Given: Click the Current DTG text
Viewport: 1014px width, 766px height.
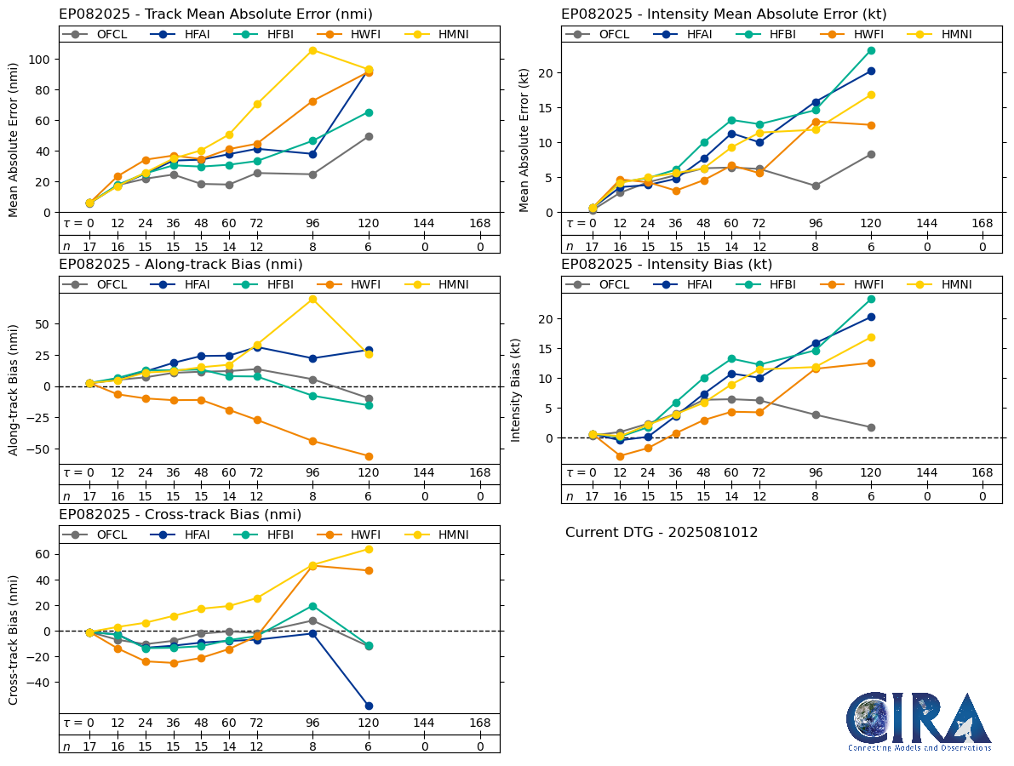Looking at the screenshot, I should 662,533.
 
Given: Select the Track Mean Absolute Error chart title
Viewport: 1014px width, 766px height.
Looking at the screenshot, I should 215,14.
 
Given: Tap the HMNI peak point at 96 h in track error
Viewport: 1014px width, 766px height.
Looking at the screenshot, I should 312,50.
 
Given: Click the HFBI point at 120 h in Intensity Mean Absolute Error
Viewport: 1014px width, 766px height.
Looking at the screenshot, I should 871,50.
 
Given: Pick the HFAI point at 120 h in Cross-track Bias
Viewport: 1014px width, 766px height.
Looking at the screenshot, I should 369,706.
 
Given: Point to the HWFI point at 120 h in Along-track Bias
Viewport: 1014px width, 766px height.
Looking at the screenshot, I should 369,456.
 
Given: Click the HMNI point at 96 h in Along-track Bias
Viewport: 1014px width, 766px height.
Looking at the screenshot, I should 312,299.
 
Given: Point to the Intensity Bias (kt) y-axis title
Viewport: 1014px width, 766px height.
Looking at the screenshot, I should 516,389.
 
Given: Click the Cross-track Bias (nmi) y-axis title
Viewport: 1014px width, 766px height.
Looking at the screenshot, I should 14,638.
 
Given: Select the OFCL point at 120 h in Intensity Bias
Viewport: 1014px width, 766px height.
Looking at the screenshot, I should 871,427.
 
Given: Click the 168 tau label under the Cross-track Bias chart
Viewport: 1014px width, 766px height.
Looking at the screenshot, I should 480,723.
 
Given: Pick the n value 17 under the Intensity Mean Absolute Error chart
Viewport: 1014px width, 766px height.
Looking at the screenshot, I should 592,247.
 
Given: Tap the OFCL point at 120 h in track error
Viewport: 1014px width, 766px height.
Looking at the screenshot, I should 369,136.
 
